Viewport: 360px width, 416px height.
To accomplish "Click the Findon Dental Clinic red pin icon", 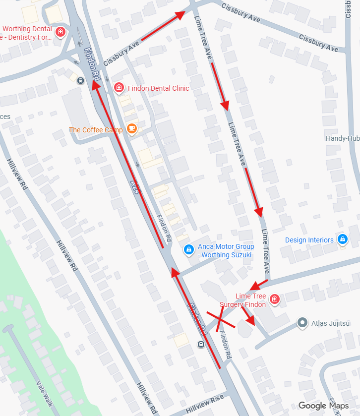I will [119, 88].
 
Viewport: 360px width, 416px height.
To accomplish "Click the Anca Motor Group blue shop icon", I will [188, 250].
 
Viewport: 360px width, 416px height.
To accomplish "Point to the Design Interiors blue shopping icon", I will [342, 239].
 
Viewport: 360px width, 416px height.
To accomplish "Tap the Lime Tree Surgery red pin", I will [274, 299].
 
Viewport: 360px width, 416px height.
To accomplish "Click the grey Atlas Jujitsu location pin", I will [302, 323].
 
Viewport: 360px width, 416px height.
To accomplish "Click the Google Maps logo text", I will [323, 406].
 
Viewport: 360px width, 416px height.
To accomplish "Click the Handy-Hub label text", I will [342, 138].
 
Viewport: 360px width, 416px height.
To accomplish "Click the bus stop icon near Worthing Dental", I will [80, 81].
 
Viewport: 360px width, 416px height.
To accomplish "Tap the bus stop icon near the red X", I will [201, 344].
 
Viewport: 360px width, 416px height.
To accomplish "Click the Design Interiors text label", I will [309, 240].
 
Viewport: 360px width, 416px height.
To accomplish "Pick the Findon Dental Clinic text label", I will [159, 88].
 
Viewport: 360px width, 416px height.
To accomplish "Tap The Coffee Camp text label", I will [96, 130].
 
